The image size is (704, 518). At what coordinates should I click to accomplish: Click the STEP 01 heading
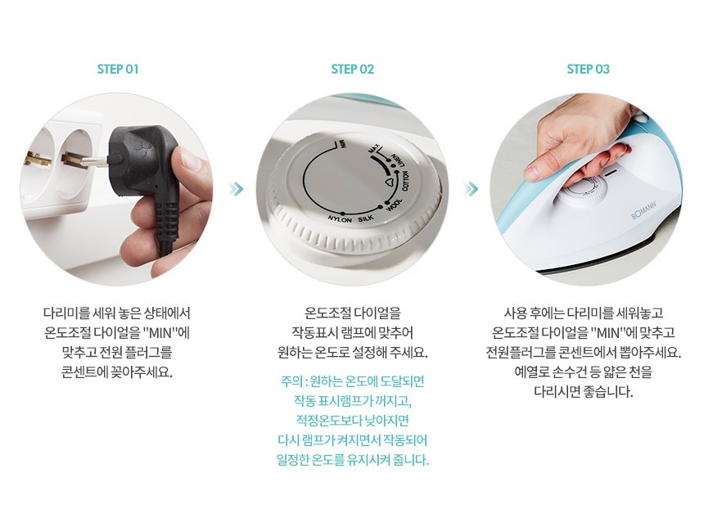point(118,69)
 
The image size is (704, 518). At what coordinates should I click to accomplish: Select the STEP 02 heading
point(353,69)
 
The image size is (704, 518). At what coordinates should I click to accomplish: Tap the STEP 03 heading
point(588,69)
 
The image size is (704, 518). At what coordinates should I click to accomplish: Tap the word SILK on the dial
point(366,219)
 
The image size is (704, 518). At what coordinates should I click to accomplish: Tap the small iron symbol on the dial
point(390,182)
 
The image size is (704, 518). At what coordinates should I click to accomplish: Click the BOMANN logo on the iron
point(645,210)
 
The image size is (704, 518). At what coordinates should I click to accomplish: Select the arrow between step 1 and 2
point(236,189)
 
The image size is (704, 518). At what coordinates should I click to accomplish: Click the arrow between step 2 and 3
point(471,189)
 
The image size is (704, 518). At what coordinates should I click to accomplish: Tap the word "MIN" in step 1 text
point(160,332)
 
